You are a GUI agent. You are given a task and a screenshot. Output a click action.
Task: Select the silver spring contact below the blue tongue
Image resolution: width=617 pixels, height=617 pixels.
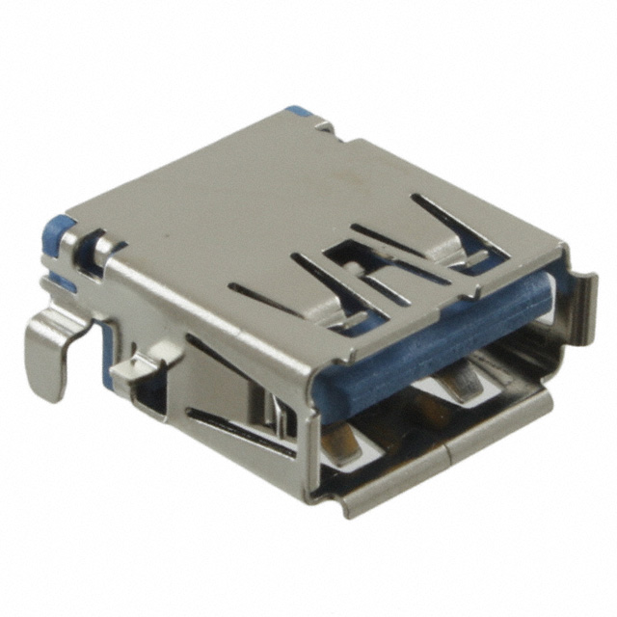pyautogui.click(x=453, y=386)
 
